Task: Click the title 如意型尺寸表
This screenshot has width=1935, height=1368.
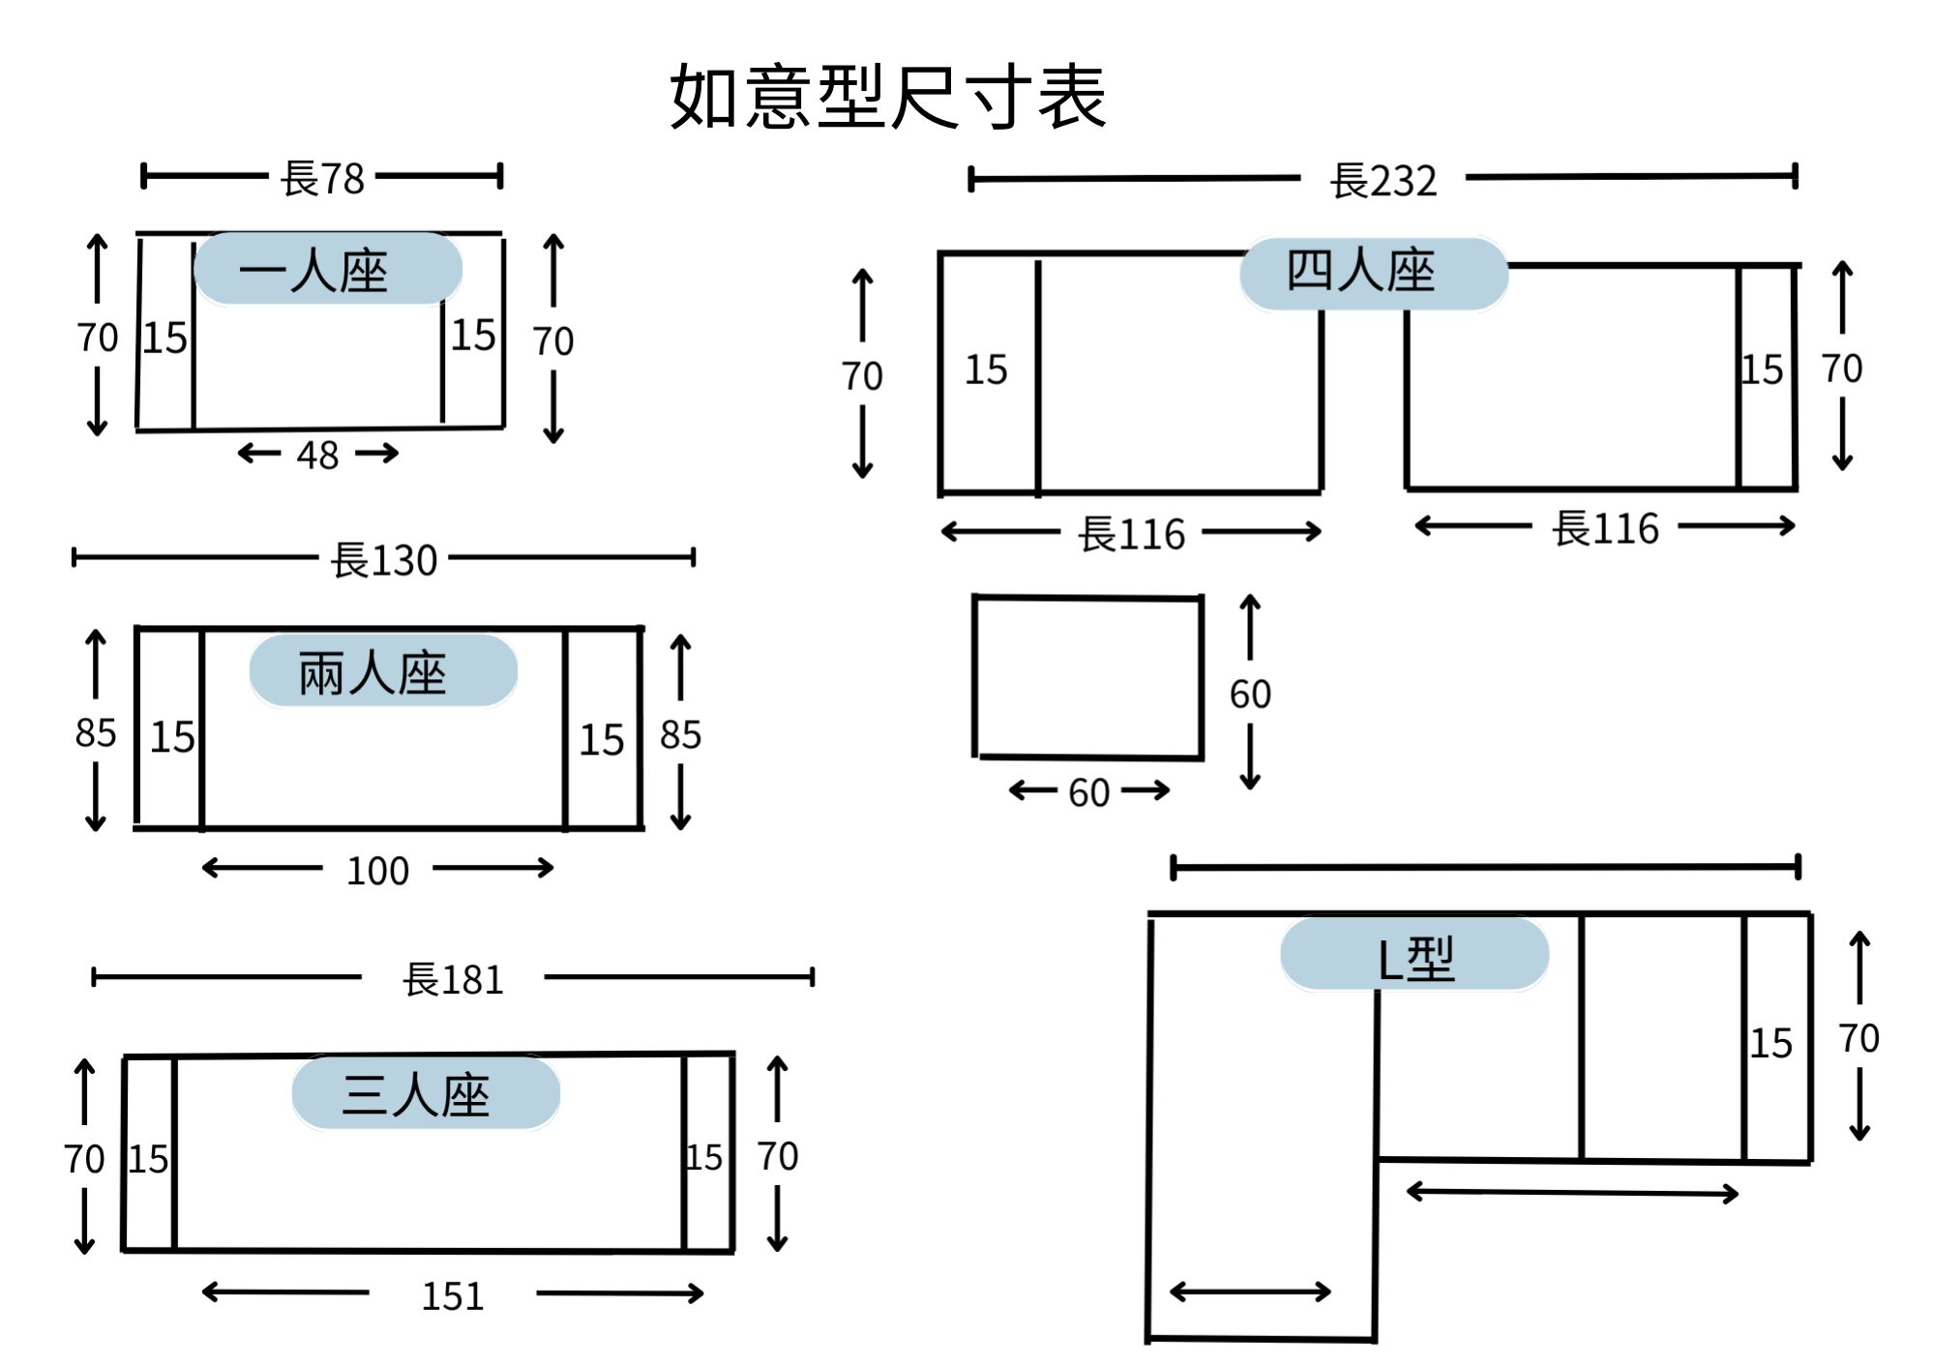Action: coord(888,97)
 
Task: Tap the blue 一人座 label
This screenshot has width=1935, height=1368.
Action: coord(328,268)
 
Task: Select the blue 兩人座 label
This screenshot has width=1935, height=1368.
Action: coord(383,670)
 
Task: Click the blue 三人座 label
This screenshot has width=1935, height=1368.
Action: coord(426,1093)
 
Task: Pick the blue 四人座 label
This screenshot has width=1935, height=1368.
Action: coord(1374,274)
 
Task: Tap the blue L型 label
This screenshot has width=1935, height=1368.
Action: coord(1414,955)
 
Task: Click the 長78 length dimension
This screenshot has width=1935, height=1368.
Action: coord(322,178)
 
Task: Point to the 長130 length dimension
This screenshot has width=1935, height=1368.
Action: coord(384,560)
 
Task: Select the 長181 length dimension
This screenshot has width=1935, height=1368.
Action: coord(453,979)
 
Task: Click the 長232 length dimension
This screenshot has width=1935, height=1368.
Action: coord(1383,180)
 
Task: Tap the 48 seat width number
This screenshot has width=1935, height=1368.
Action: coord(317,455)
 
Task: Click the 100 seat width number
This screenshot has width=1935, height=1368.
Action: coord(377,871)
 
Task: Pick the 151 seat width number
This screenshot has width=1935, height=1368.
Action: coord(452,1295)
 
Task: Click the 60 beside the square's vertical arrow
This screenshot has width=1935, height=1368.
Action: coord(1250,694)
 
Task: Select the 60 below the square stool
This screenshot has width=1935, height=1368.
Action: coord(1088,792)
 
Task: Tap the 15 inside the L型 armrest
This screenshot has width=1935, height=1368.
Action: coord(1771,1043)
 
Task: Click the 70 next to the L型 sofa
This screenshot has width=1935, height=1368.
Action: coord(1859,1038)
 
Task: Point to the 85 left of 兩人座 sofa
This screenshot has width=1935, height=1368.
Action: coord(95,732)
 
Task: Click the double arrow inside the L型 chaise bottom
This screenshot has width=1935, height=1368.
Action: coord(1250,1291)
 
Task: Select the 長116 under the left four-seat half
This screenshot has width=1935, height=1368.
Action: coord(1131,533)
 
